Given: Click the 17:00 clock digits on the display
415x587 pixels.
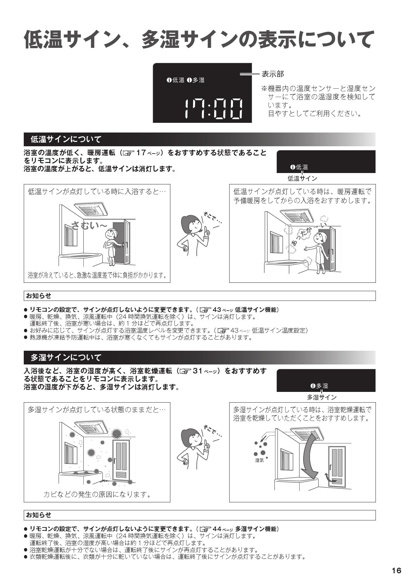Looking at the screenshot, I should [x=214, y=109].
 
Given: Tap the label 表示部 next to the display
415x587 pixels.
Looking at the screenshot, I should [x=272, y=74].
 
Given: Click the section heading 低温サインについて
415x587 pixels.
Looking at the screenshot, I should [x=66, y=139].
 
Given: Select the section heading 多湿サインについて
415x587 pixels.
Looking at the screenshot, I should [x=66, y=357].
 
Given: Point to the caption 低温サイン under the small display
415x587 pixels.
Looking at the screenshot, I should [x=302, y=178].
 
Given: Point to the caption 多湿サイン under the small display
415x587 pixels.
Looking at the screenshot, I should [x=322, y=397].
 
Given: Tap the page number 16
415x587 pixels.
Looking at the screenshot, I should [x=396, y=571].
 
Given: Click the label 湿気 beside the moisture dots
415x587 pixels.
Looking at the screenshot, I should [x=259, y=460].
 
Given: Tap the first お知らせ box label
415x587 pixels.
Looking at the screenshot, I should [x=39, y=296].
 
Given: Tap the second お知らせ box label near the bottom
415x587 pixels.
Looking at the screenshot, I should [x=39, y=515].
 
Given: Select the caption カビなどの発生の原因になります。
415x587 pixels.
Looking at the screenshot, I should [x=97, y=494].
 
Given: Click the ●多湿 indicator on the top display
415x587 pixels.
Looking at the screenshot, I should [x=196, y=80].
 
